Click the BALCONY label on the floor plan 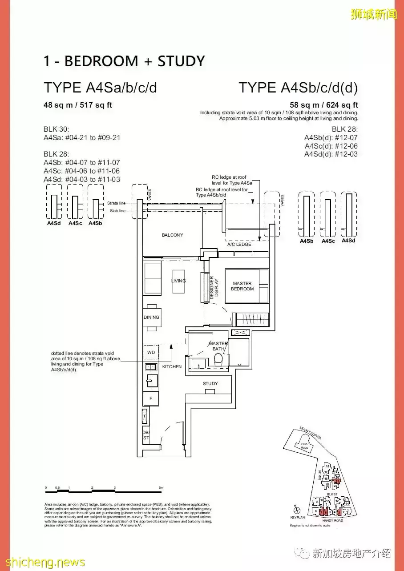point(172,235)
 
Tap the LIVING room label point(178,281)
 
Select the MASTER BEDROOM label point(242,286)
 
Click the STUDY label point(210,383)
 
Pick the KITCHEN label point(172,367)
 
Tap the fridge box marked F point(150,399)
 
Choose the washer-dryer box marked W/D point(150,353)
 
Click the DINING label point(151,317)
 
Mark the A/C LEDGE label point(239,245)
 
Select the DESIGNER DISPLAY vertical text point(215,286)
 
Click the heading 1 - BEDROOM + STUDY point(124,61)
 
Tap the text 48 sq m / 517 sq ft point(77,105)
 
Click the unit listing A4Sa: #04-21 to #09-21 point(82,137)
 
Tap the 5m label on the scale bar point(162,488)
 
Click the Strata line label point(116,203)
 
